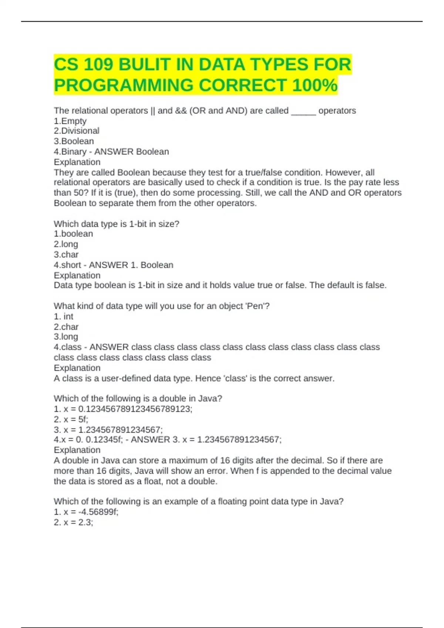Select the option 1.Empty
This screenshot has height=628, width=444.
tap(70, 121)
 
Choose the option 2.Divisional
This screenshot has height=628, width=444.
tap(77, 131)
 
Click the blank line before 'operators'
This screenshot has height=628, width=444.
tap(303, 111)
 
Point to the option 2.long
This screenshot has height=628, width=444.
tap(66, 244)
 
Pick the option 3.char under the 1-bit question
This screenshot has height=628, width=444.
tap(66, 255)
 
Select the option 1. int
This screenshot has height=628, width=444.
tap(64, 317)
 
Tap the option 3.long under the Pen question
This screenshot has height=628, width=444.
tap(66, 337)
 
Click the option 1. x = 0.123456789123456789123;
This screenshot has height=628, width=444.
tap(123, 409)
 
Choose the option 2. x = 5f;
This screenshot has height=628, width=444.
tap(71, 419)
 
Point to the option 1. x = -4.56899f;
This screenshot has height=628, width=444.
tap(86, 512)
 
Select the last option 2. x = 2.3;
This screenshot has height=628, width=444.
tap(73, 522)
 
